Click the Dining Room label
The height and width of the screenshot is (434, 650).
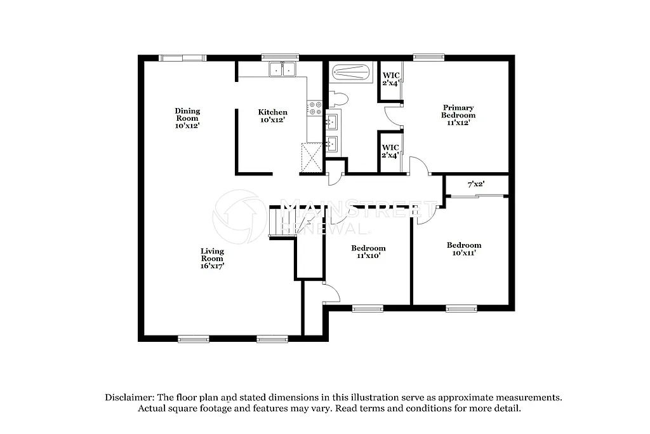(187, 118)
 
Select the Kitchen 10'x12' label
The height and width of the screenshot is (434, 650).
(272, 116)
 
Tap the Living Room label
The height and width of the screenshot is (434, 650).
(212, 259)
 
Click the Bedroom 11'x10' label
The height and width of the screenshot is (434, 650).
(368, 252)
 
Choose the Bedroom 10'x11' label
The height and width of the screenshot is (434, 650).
(463, 248)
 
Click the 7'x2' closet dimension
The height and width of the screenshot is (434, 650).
(476, 184)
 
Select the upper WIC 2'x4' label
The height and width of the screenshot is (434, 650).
(390, 79)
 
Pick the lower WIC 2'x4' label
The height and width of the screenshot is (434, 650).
(390, 151)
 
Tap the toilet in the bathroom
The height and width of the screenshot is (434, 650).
(338, 98)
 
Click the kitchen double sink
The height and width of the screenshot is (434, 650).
(283, 69)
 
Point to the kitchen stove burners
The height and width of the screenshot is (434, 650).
(314, 108)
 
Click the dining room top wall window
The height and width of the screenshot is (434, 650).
(183, 58)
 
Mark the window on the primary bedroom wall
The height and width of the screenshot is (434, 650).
(428, 57)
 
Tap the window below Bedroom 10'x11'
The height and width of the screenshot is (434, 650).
(460, 308)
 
